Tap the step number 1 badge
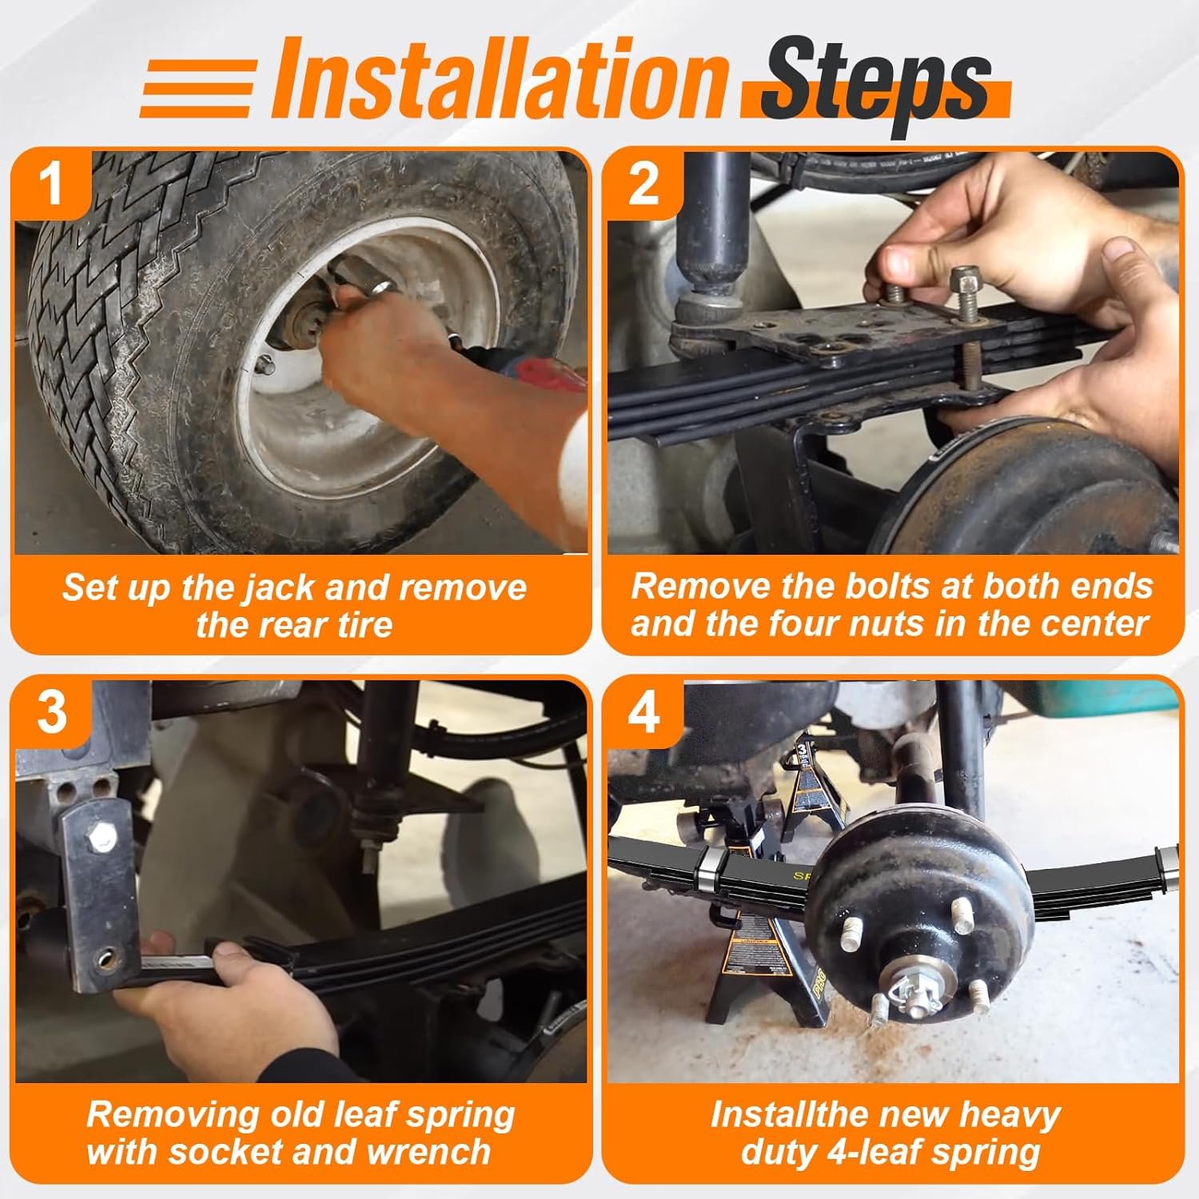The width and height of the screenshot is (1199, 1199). point(51,184)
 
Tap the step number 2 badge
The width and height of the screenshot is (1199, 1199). point(643,184)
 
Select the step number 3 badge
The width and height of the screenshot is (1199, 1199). point(51,711)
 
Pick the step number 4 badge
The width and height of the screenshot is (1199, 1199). point(643,711)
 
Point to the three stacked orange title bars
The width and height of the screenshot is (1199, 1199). point(198,88)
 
